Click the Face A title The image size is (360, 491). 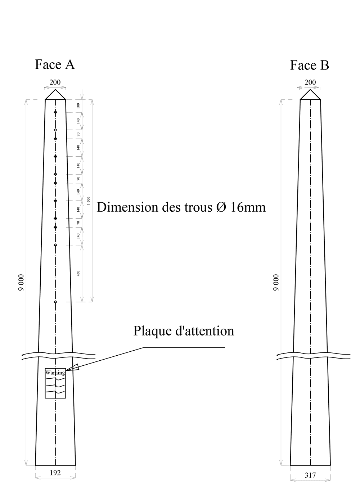tap(55, 64)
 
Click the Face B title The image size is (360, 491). tap(310, 66)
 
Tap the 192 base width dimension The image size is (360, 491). tap(55, 473)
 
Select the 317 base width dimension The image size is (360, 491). tap(310, 475)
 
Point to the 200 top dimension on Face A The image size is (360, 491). tap(55, 82)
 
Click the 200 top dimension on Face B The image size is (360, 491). tap(310, 82)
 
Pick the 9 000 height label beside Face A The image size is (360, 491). tap(21, 283)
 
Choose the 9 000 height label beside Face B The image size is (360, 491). tap(276, 283)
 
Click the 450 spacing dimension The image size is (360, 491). tap(78, 274)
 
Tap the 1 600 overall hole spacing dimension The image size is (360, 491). tap(89, 201)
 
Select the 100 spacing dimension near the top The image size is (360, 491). tap(78, 105)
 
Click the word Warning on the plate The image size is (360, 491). tap(55, 373)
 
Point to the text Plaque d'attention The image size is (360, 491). tap(184, 330)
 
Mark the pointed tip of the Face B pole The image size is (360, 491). tap(310, 90)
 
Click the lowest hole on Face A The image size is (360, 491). tap(55, 302)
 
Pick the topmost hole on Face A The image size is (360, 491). tap(55, 113)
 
